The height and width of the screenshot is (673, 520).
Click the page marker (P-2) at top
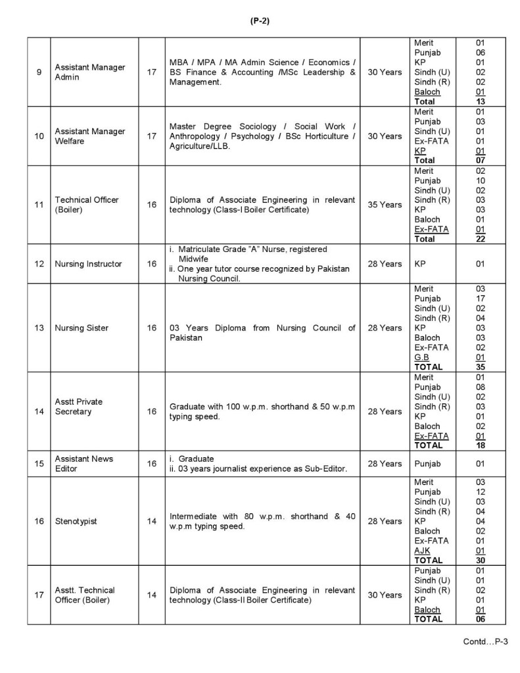coord(260,20)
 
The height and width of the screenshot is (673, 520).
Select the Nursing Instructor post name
coord(88,264)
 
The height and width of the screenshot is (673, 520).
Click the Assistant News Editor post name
coord(84,463)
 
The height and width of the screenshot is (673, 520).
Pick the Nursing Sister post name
coord(82,328)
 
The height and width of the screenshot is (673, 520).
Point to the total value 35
coord(481,366)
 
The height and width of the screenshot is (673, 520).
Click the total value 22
coord(481,239)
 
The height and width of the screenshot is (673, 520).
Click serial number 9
coord(39,72)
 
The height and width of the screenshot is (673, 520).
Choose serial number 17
coord(39,595)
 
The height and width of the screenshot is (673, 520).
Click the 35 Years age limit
coord(385,205)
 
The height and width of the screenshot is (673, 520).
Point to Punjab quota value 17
coord(481,298)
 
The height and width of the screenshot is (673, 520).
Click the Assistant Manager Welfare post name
coord(89,136)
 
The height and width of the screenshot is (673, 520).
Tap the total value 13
coord(481,102)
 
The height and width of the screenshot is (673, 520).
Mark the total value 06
coord(481,619)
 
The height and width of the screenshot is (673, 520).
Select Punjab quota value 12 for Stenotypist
coord(481,492)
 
